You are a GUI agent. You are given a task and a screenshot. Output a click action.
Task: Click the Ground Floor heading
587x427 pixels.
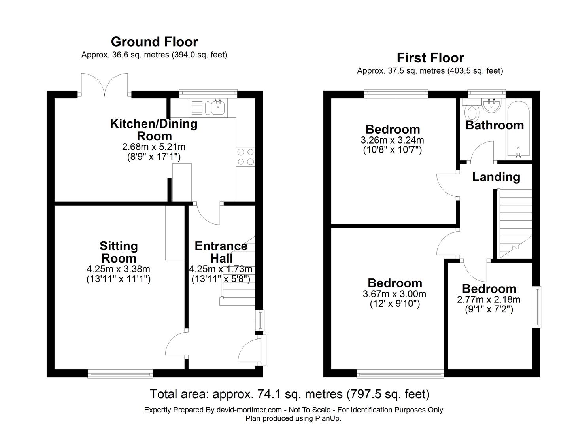click(x=154, y=42)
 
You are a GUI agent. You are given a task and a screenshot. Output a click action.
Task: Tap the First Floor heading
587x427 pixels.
click(x=430, y=58)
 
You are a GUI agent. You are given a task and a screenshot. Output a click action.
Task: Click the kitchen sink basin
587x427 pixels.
click(x=217, y=108)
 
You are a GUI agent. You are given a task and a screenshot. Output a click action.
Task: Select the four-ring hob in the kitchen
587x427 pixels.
click(x=245, y=157)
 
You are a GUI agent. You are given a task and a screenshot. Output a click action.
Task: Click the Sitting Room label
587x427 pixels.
click(x=119, y=252)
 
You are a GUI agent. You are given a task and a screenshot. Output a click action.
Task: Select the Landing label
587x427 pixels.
click(x=496, y=177)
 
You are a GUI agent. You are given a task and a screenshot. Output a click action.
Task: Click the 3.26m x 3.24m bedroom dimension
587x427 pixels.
click(x=392, y=140)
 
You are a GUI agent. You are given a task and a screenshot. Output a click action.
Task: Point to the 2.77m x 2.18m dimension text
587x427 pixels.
click(x=489, y=299)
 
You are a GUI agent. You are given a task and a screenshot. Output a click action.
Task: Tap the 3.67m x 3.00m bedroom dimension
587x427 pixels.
click(x=394, y=294)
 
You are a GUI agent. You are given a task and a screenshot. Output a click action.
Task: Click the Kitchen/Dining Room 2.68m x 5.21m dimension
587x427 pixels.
click(x=154, y=147)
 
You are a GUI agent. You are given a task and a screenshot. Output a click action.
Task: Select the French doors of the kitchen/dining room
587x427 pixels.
click(x=105, y=85)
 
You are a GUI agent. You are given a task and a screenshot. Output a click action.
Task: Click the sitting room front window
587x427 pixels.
click(x=120, y=374)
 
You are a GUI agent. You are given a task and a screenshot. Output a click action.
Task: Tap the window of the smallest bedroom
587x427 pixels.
click(x=536, y=307)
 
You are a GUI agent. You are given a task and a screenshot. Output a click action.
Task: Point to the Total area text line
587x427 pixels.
click(x=290, y=394)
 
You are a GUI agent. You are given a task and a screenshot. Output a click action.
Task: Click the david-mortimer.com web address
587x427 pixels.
click(x=249, y=410)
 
